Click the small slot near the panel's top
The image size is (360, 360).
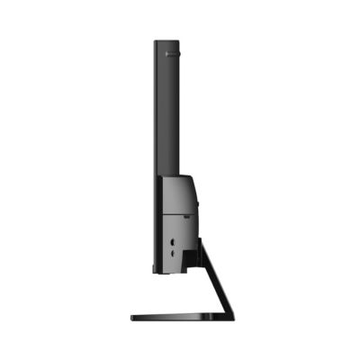[x=173, y=54]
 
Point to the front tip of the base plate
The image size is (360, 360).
[x=133, y=317]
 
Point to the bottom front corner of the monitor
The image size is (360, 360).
[x=157, y=271]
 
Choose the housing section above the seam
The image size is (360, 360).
[x=178, y=194]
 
